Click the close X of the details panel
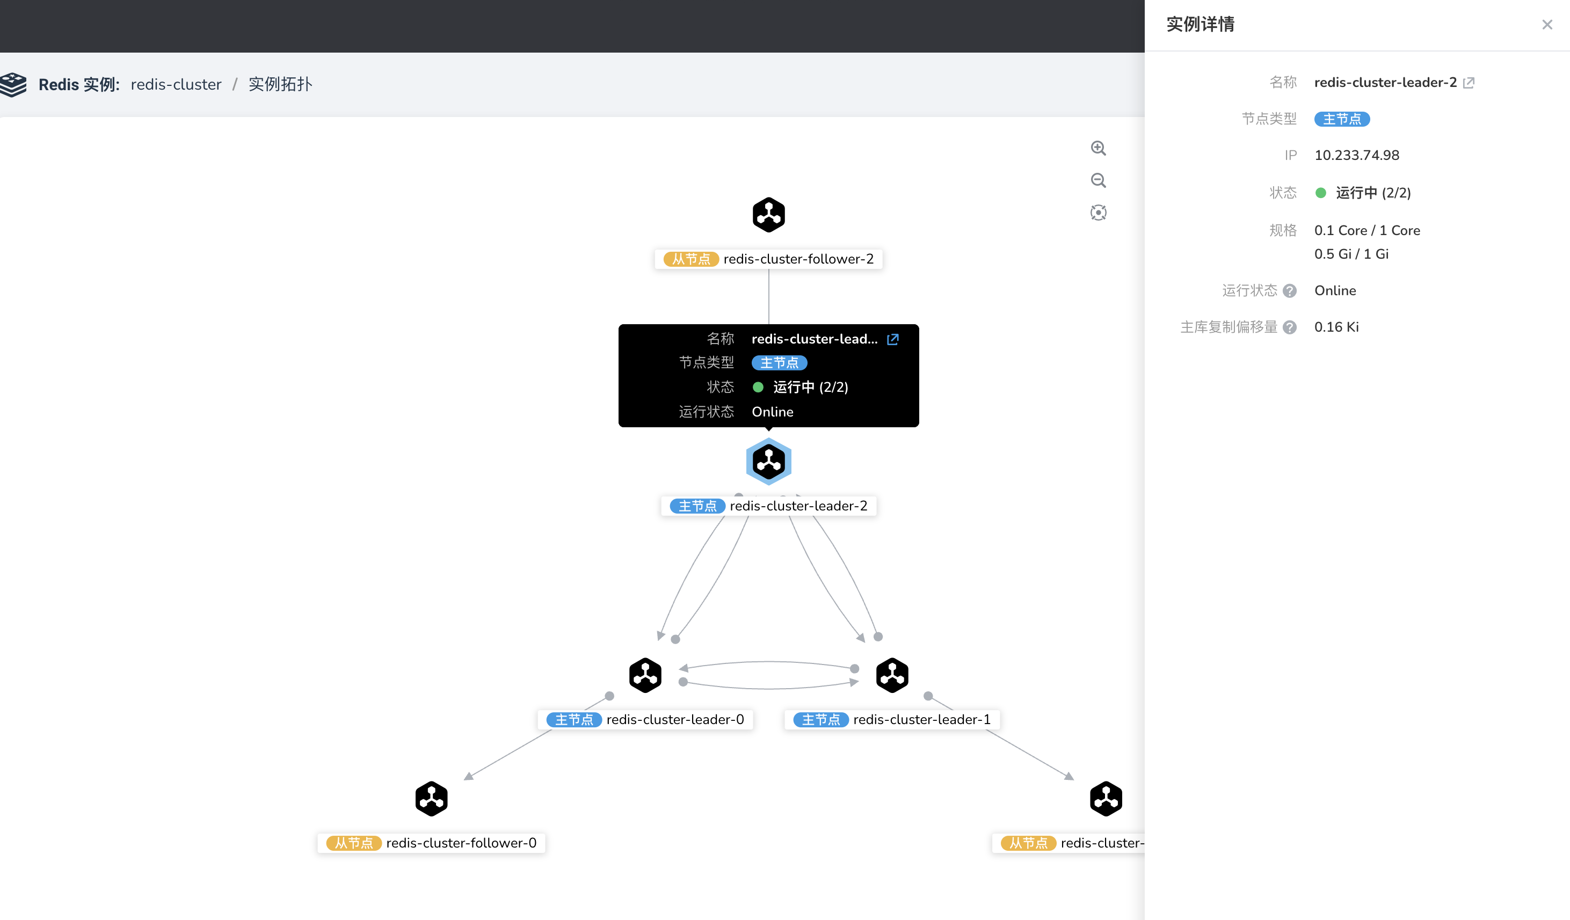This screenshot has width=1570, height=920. (x=1547, y=25)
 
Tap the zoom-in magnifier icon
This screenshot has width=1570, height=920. (x=1099, y=148)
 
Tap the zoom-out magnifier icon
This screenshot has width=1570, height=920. (x=1099, y=181)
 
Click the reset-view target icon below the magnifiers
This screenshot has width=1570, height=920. (x=1099, y=213)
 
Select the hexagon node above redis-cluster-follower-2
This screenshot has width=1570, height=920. (x=769, y=215)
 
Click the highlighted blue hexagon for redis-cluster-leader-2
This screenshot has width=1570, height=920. (x=769, y=462)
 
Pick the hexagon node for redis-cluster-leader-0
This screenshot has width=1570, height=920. (x=645, y=675)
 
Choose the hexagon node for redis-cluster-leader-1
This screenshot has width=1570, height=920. (x=892, y=675)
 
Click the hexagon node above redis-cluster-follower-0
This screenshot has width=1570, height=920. (x=432, y=799)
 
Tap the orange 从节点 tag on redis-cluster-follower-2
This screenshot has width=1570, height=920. (x=691, y=259)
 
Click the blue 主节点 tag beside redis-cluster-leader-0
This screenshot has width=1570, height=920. (x=574, y=720)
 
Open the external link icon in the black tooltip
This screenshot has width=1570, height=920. (x=893, y=339)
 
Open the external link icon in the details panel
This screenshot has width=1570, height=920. (x=1469, y=83)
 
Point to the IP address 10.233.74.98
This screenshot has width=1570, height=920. (x=1357, y=155)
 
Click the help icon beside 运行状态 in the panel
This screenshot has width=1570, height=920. (x=1290, y=291)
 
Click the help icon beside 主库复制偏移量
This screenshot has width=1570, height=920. (x=1290, y=327)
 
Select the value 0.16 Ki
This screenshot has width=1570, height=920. (x=1336, y=327)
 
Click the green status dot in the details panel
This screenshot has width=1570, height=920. (x=1321, y=193)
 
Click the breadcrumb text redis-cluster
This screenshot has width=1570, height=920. (x=176, y=85)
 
